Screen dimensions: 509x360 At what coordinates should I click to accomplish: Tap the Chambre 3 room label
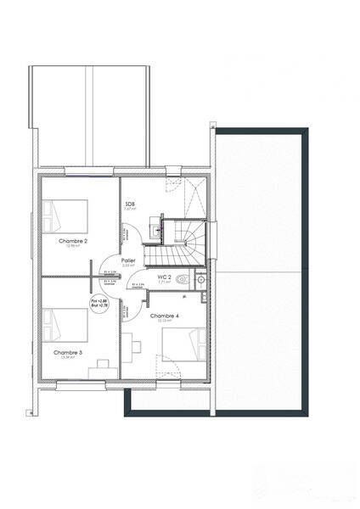pos(67,351)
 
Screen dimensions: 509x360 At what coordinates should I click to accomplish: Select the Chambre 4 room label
pos(163,316)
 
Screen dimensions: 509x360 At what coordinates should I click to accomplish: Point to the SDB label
pos(130,204)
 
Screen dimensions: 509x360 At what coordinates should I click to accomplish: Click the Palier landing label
pos(128,260)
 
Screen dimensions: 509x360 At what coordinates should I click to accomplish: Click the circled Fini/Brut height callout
pos(98,303)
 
